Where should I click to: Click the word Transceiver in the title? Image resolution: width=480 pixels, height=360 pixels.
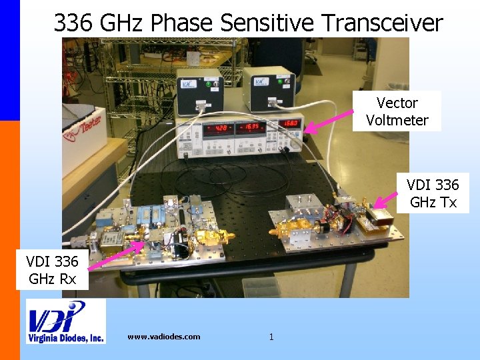(381, 23)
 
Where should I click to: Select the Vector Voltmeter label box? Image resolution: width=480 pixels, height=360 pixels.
(397, 111)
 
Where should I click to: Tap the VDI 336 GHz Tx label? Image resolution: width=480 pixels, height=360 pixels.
(433, 193)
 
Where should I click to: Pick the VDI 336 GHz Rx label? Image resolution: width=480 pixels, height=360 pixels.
(52, 269)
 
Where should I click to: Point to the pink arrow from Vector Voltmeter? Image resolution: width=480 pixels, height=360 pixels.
(329, 121)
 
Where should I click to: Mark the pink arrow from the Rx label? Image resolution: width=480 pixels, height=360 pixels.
(117, 253)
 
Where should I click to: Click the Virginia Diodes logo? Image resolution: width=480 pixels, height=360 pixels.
(65, 321)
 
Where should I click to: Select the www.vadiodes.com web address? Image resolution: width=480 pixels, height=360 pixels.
(163, 337)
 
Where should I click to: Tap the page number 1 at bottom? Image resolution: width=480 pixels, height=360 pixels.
(271, 337)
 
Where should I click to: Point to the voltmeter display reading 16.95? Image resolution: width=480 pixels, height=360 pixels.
(251, 127)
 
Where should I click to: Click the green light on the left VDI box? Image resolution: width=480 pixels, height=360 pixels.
(209, 84)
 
